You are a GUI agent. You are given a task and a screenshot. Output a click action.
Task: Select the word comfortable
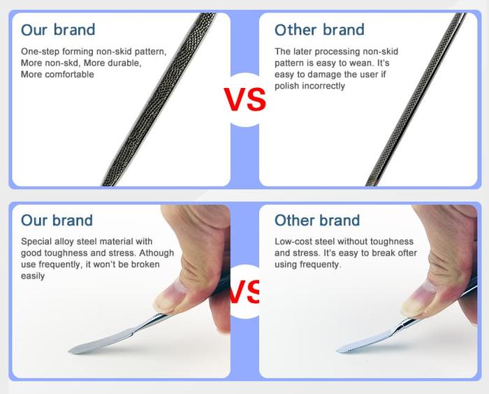pyautogui.click(x=68, y=74)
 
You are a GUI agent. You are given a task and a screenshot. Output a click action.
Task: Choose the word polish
pyautogui.click(x=286, y=86)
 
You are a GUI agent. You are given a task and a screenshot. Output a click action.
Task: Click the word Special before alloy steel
pyautogui.click(x=37, y=242)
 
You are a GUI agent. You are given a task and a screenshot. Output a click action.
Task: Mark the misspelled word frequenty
pyautogui.click(x=319, y=265)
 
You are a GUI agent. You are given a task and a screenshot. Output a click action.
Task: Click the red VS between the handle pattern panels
pyautogui.click(x=245, y=99)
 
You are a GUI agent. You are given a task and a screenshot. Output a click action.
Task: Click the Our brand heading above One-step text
pyautogui.click(x=58, y=30)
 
